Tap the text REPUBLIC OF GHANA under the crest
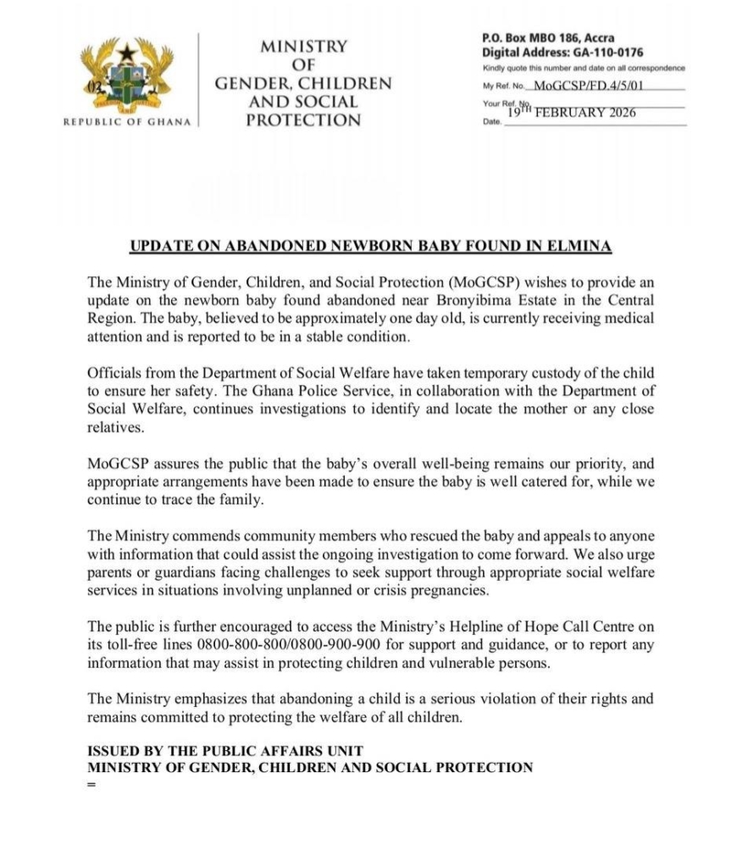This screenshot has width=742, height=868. click(128, 121)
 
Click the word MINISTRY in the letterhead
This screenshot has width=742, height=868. click(303, 47)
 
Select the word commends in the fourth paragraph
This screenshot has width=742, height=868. click(192, 537)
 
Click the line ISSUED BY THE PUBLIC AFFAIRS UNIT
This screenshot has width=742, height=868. click(225, 750)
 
